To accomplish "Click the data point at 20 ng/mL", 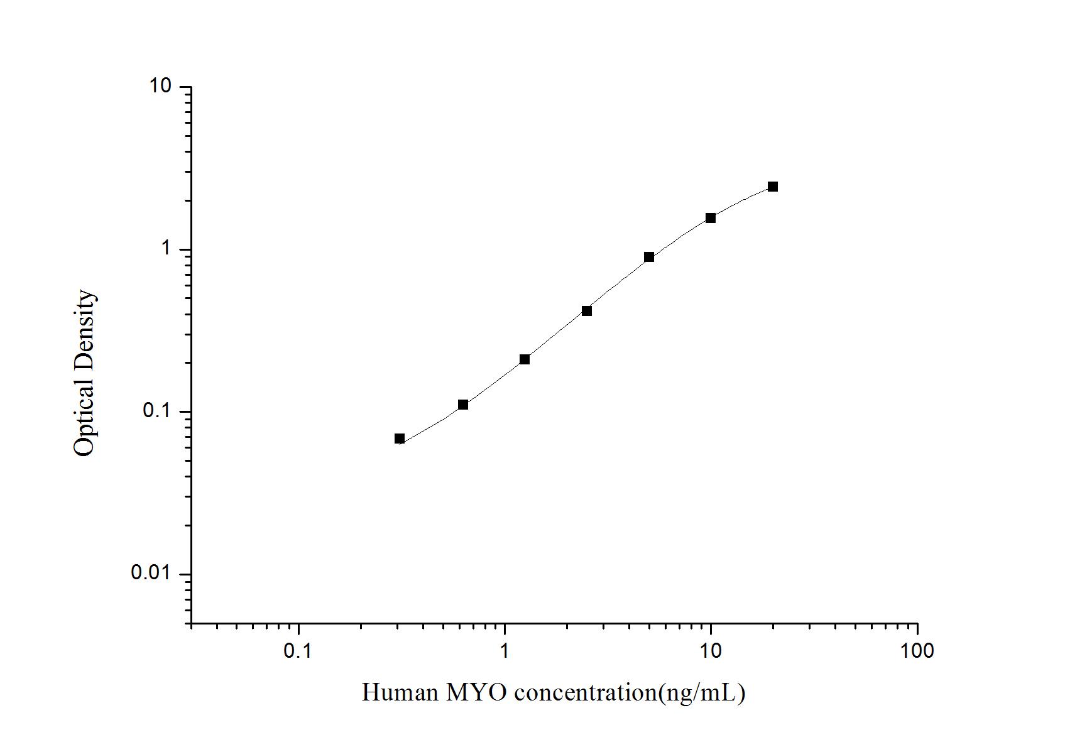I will pos(772,187).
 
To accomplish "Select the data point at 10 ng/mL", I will pos(711,218).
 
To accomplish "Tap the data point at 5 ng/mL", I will pos(649,257).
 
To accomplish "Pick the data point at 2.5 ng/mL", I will pos(587,311).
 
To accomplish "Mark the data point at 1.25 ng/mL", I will pos(525,359).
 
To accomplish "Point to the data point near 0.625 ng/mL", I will pos(463,405).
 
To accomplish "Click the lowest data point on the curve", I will pos(400,439).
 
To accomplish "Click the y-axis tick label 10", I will pos(160,86).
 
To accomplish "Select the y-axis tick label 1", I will pos(166,249).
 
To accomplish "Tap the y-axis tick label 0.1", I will pos(157,411).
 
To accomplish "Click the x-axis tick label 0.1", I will pos(298,651).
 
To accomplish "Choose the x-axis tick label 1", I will pos(505,651).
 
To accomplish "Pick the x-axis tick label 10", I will pos(711,651).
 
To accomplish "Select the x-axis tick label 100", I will pos(917,651).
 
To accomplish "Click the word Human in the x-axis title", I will pos(400,692).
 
